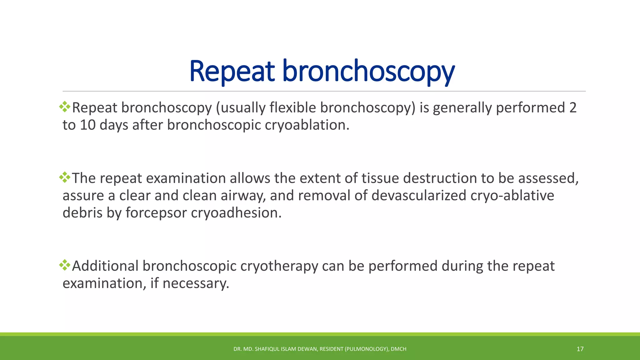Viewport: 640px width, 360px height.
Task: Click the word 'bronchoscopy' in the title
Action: pyautogui.click(x=369, y=72)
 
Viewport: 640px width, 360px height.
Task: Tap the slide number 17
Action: pyautogui.click(x=580, y=349)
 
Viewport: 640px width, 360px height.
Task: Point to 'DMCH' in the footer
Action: pyautogui.click(x=398, y=349)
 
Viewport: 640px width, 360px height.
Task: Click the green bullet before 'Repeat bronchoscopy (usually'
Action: pyautogui.click(x=65, y=107)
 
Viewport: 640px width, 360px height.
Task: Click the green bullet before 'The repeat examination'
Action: pyautogui.click(x=65, y=177)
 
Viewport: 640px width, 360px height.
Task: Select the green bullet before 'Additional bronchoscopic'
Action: pyautogui.click(x=65, y=265)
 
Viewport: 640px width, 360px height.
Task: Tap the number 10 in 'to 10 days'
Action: pyautogui.click(x=87, y=125)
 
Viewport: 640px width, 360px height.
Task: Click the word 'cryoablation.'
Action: pyautogui.click(x=307, y=125)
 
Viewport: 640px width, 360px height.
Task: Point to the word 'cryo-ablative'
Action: pyautogui.click(x=512, y=196)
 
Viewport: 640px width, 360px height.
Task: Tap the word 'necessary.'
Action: pyautogui.click(x=196, y=283)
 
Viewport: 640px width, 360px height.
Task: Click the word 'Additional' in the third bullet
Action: pyautogui.click(x=105, y=266)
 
